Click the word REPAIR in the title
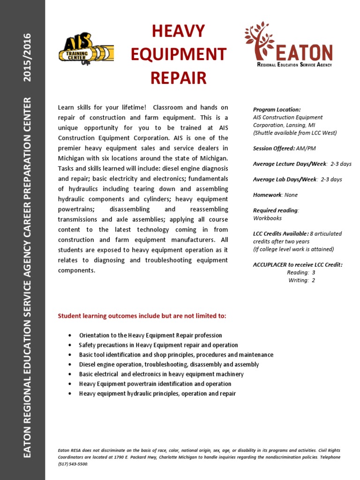click(x=178, y=77)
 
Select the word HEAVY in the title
click(x=178, y=31)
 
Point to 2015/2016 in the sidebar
click(x=28, y=57)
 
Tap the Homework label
click(x=267, y=195)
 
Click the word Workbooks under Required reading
click(x=268, y=218)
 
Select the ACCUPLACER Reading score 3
click(x=314, y=272)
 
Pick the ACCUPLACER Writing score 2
click(x=314, y=280)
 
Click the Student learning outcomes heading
click(x=142, y=316)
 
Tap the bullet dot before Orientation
click(x=70, y=336)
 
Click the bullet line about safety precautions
click(x=158, y=345)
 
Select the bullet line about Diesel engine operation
click(x=169, y=364)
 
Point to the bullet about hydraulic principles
click(x=157, y=393)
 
